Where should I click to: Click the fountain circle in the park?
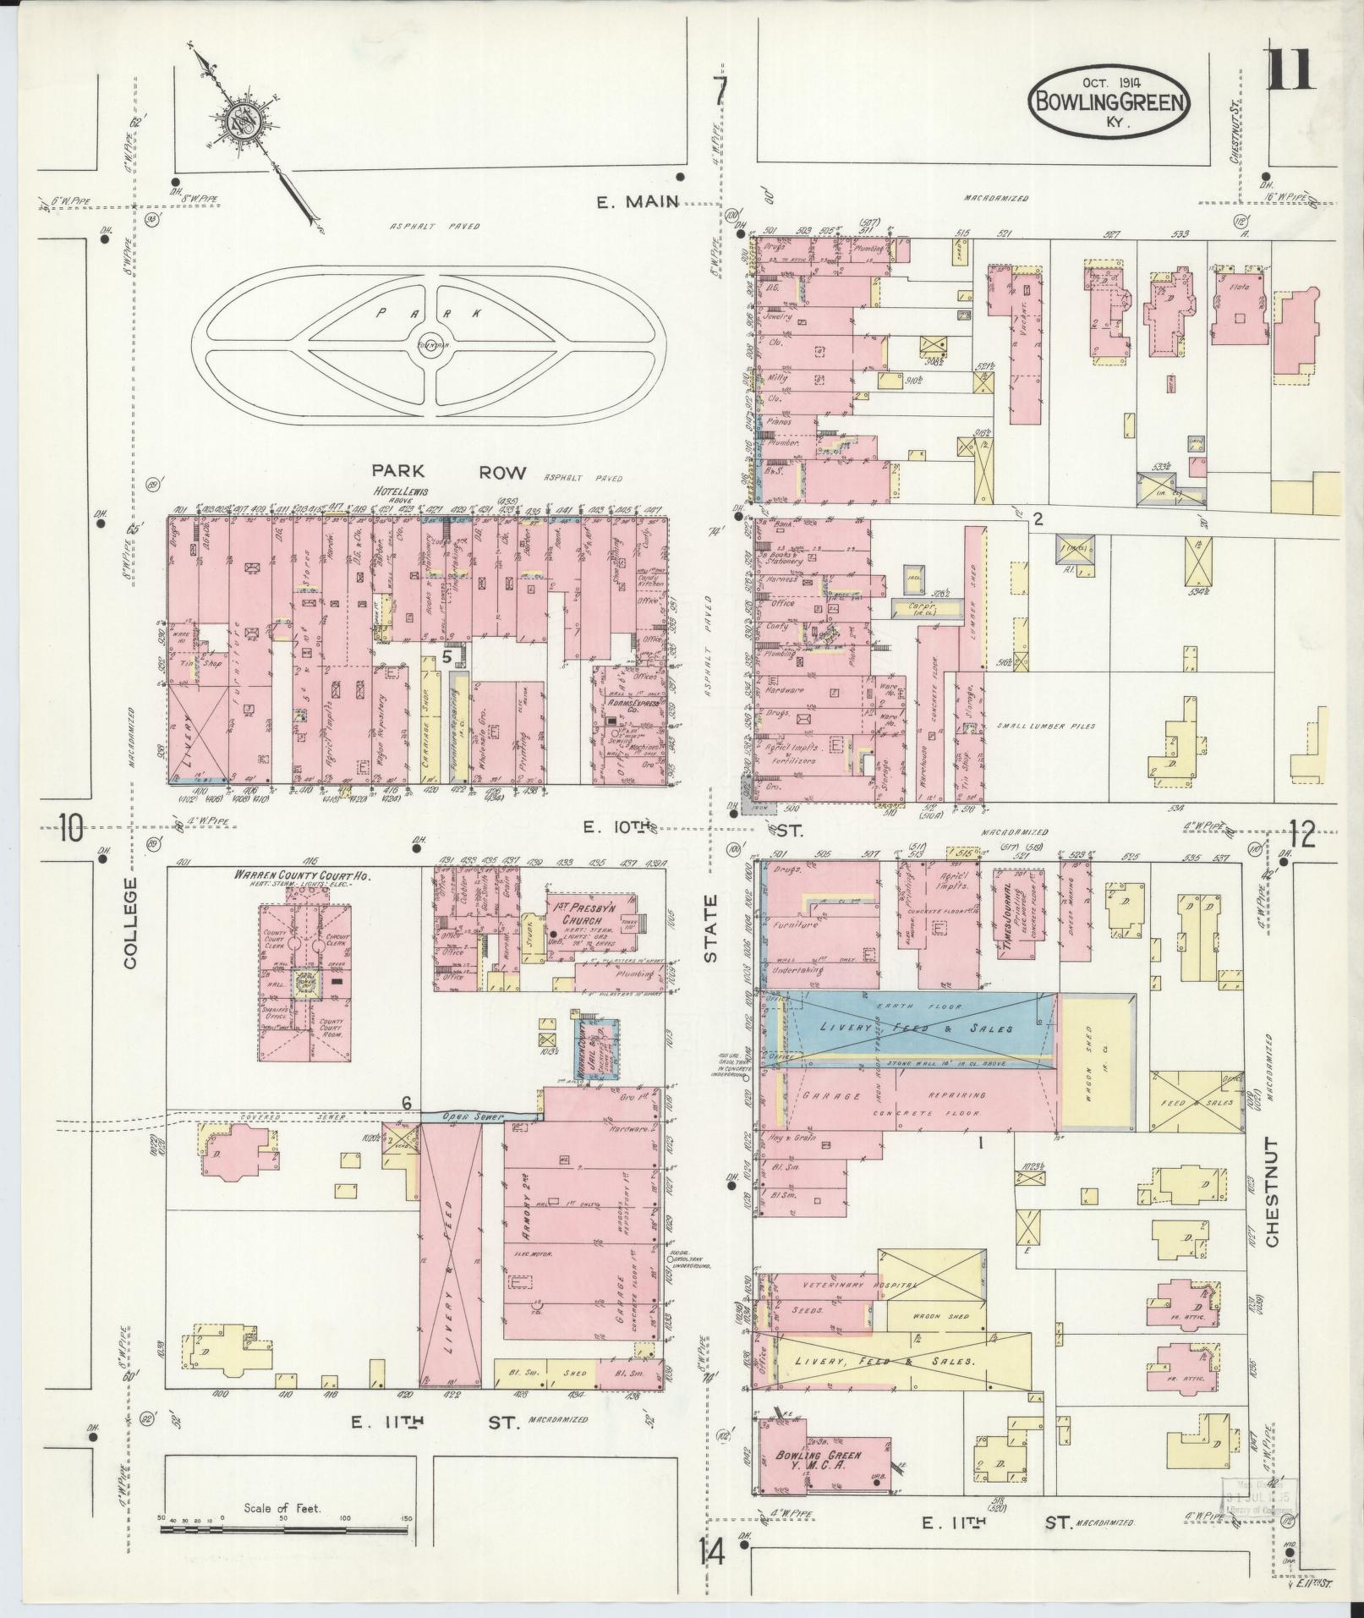[431, 344]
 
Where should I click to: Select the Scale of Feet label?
[282, 1508]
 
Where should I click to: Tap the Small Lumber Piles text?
[1045, 726]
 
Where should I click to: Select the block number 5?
[447, 655]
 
